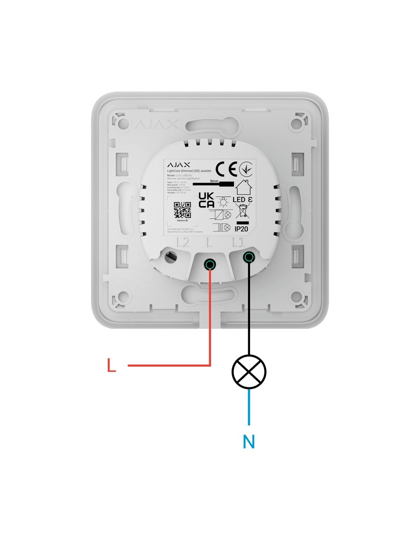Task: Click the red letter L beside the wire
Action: click(111, 365)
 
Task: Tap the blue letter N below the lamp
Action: click(249, 441)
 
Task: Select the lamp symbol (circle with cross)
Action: click(249, 372)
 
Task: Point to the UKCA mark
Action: click(206, 200)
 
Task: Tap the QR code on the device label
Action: click(182, 210)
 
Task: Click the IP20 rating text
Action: click(241, 229)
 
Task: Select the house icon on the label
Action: click(244, 187)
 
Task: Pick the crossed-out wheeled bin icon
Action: click(242, 211)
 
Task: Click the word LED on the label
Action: click(239, 200)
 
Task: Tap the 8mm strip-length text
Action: click(214, 181)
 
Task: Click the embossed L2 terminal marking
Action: click(183, 243)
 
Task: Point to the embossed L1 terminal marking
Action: click(238, 242)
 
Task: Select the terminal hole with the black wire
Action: click(249, 257)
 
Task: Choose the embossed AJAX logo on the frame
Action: click(157, 124)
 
